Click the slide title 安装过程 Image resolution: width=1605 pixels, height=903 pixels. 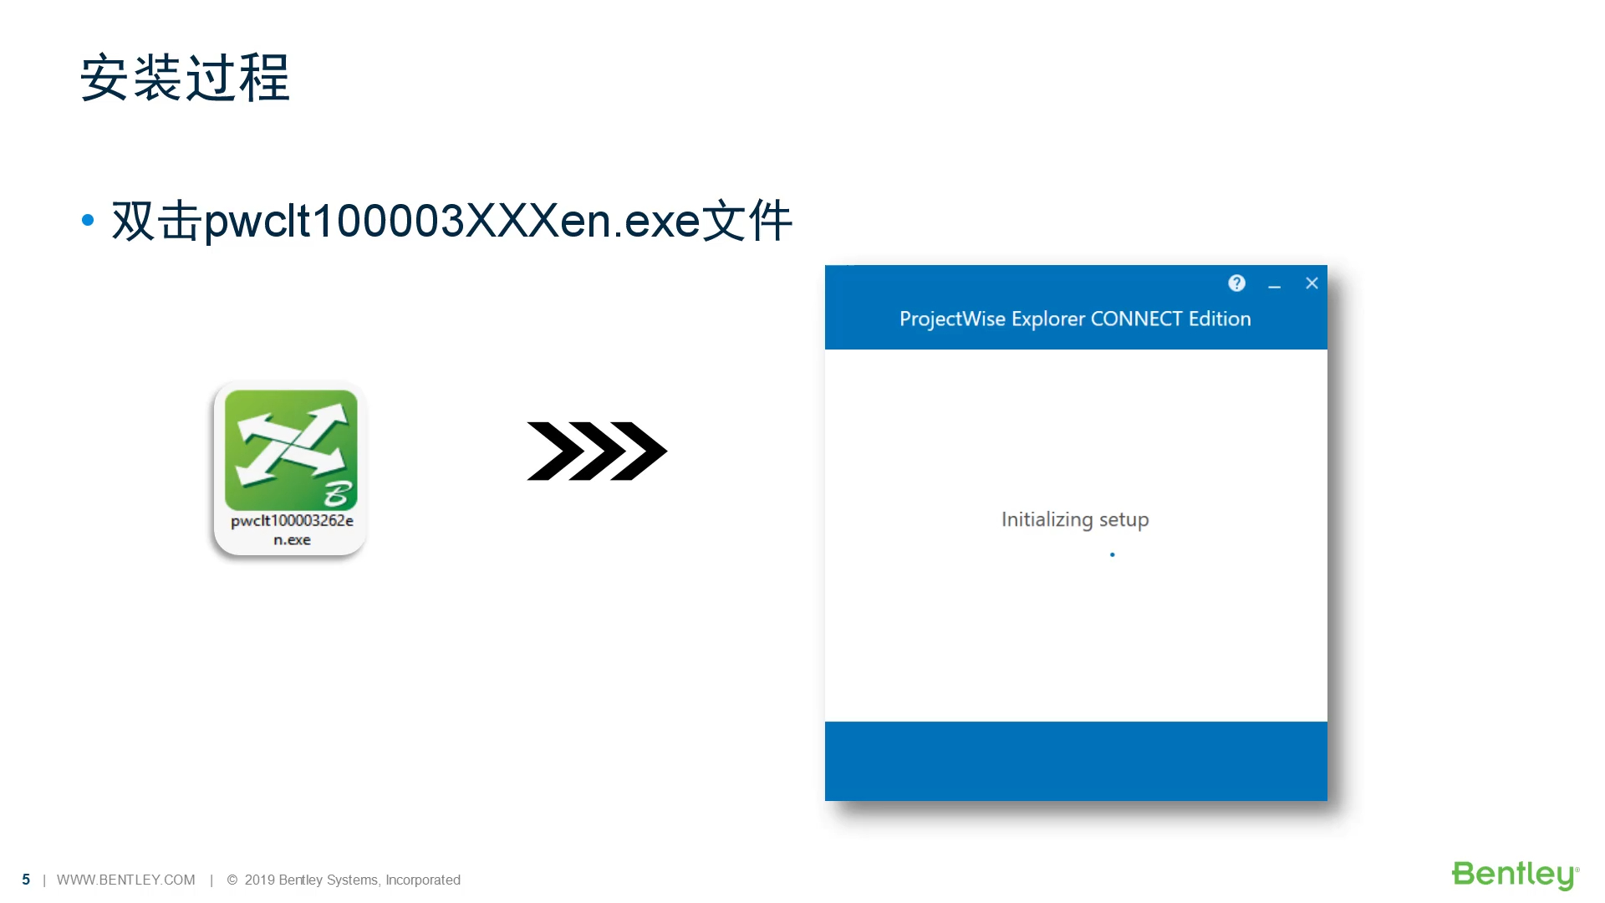click(x=185, y=78)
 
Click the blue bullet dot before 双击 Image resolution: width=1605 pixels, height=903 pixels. click(x=88, y=221)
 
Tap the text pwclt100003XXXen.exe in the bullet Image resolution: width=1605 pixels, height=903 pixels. click(x=451, y=222)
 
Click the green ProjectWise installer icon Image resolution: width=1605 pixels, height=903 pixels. click(x=291, y=449)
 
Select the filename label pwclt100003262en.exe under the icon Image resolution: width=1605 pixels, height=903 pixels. click(x=292, y=529)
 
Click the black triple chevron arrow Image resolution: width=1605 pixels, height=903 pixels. click(x=596, y=451)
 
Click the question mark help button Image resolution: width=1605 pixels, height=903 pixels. click(x=1236, y=283)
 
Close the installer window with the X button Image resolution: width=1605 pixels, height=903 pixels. click(x=1312, y=283)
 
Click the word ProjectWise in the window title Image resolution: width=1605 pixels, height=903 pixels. click(x=951, y=319)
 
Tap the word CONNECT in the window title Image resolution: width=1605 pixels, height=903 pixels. click(x=1136, y=319)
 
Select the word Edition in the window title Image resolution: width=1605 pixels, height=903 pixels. click(x=1220, y=319)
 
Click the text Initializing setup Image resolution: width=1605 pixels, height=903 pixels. click(x=1075, y=519)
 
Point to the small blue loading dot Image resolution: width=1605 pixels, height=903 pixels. click(x=1112, y=554)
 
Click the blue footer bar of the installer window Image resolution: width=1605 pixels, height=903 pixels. click(x=1076, y=761)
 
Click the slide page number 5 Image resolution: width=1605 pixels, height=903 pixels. click(x=26, y=880)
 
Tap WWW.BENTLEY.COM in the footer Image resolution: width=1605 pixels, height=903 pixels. click(x=125, y=880)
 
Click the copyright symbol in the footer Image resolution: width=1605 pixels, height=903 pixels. click(x=232, y=880)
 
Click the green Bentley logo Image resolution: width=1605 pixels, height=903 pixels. click(x=1514, y=875)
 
